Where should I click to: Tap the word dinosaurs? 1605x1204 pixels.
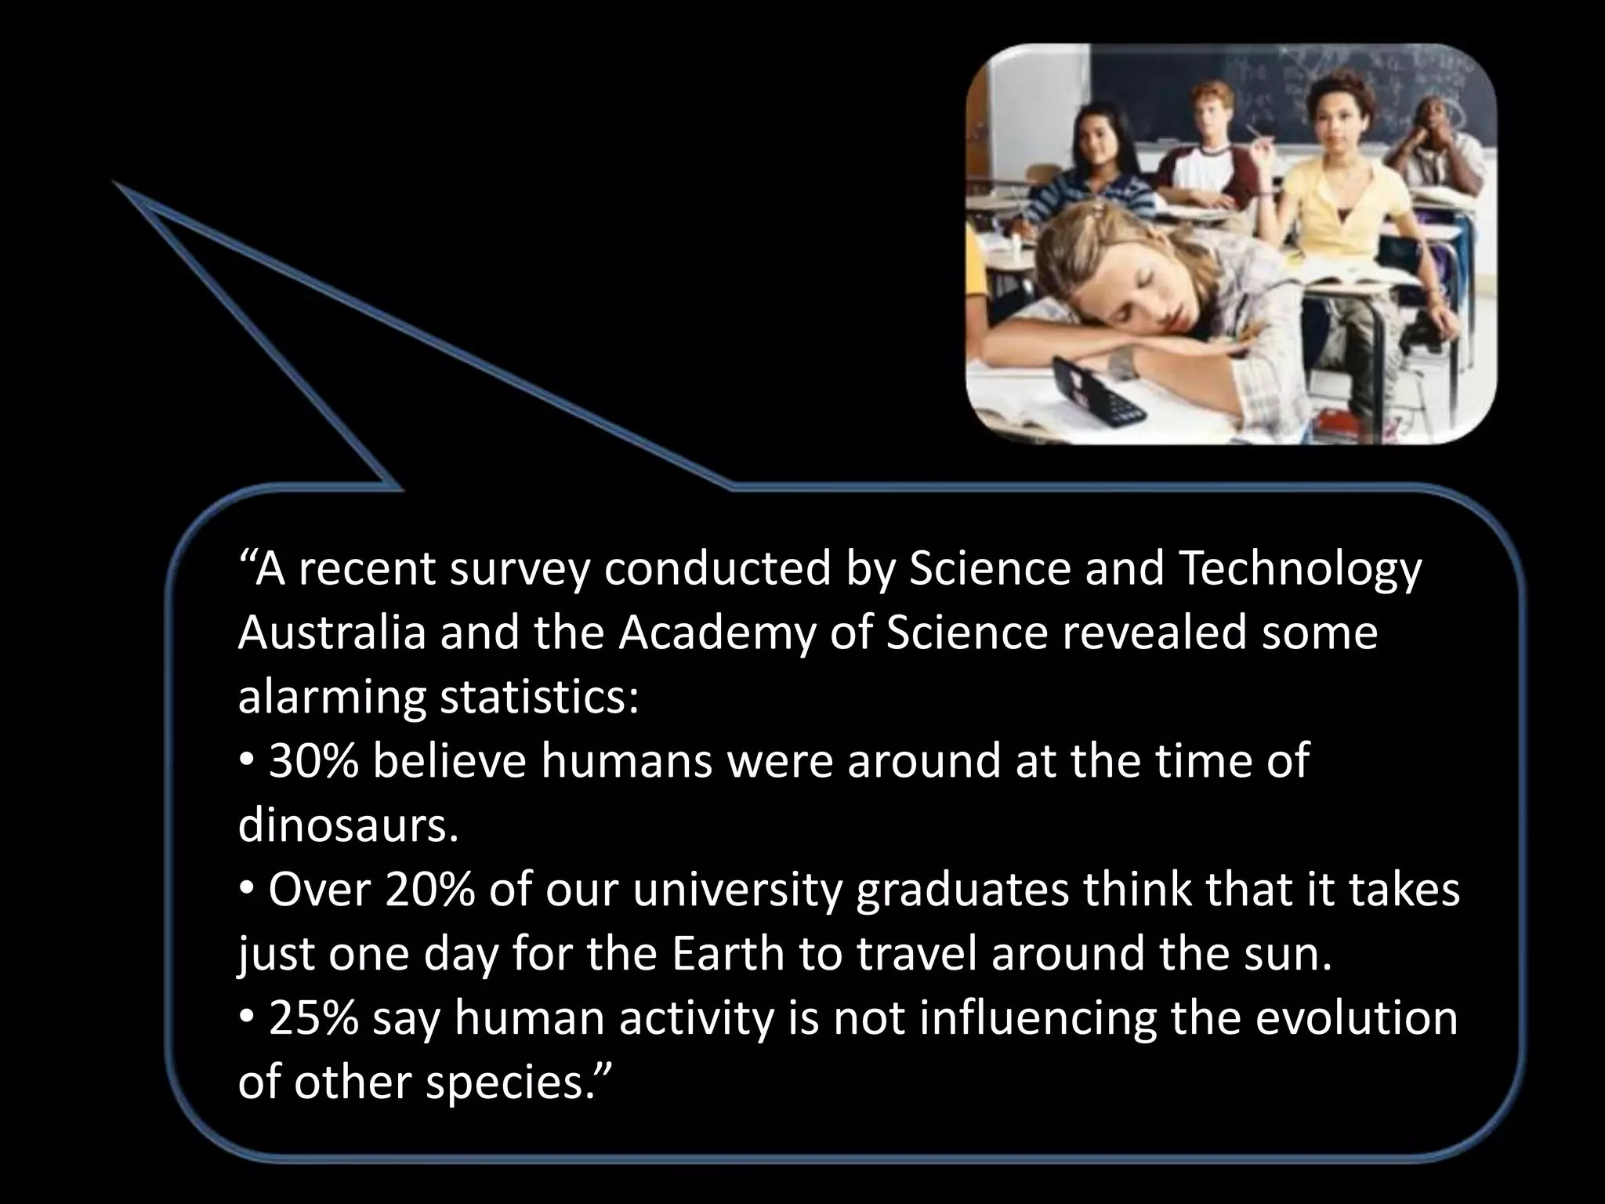(346, 825)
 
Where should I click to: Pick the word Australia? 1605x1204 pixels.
(332, 633)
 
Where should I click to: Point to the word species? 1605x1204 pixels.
(516, 1083)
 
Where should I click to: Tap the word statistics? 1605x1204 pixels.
(538, 697)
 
